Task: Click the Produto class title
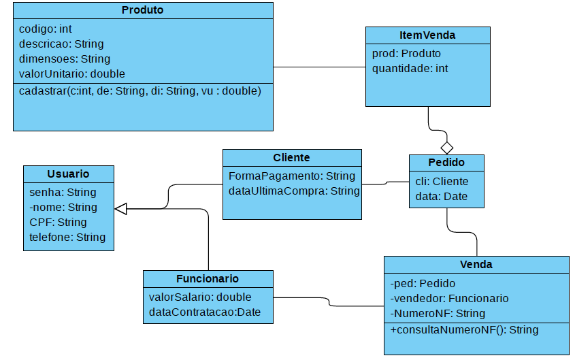click(142, 10)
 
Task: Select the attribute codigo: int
click(46, 29)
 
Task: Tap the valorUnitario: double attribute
click(72, 73)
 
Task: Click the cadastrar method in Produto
click(140, 91)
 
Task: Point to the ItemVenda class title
click(427, 35)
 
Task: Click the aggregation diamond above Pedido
click(446, 147)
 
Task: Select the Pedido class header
click(446, 163)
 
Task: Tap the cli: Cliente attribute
click(442, 181)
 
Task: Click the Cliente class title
click(291, 157)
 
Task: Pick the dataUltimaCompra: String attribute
click(293, 191)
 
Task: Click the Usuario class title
click(68, 174)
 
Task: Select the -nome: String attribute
click(63, 207)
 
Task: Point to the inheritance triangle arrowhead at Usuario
click(121, 208)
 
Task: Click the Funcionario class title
click(208, 278)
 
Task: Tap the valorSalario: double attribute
click(200, 297)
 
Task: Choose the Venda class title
click(476, 264)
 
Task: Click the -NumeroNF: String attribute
click(438, 313)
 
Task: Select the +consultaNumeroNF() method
click(464, 330)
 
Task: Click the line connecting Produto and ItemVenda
click(319, 67)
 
